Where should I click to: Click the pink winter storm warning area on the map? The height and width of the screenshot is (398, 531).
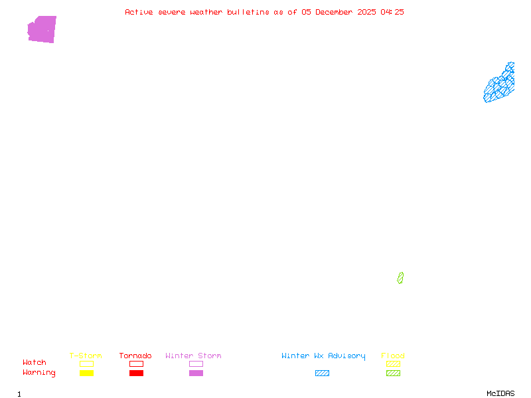42,30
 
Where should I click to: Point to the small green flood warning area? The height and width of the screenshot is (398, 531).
400,278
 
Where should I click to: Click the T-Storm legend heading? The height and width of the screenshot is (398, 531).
86,356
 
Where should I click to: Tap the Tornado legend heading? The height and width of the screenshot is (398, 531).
135,356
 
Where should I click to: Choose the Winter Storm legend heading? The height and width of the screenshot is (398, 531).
193,356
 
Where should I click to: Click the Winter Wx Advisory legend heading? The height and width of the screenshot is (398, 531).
323,356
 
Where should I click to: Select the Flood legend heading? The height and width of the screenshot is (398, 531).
392,356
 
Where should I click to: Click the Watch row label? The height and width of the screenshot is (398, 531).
35,363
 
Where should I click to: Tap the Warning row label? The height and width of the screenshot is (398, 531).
39,373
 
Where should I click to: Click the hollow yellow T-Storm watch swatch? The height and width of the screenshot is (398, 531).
86,364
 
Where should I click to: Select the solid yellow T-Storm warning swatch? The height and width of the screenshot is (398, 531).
86,373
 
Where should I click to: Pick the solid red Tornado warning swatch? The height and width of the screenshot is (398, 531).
136,373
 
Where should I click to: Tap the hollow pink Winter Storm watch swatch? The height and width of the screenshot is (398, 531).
196,364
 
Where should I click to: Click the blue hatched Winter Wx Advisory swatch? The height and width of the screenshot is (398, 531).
322,373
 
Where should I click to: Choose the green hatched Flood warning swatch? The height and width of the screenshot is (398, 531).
393,373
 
